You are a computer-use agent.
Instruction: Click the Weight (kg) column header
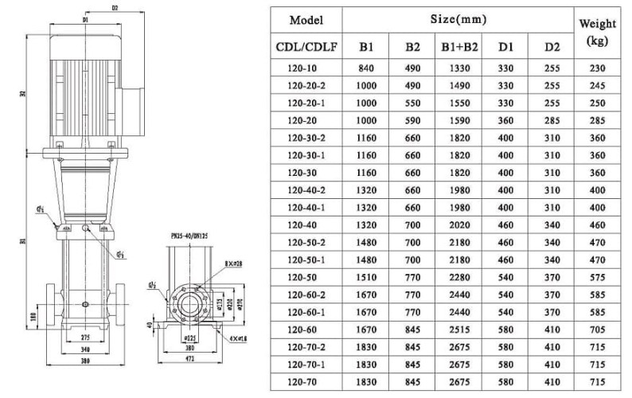(x=597, y=33)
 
